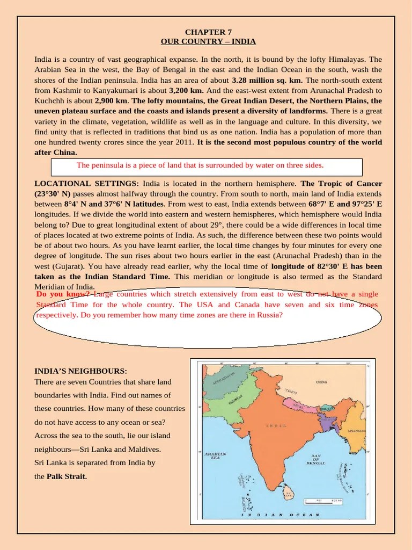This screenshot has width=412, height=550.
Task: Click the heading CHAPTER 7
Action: [x=208, y=32]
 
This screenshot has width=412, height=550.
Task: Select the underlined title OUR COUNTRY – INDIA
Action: [x=208, y=41]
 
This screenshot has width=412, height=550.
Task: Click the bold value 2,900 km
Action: [x=112, y=100]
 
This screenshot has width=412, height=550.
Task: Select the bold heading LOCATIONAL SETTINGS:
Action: [x=87, y=184]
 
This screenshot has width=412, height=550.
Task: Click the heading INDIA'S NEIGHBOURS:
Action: [x=81, y=371]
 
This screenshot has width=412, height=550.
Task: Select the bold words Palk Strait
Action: [x=67, y=476]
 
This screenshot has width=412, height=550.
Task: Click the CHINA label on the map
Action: [x=321, y=382]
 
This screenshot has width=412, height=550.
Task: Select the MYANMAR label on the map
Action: [x=356, y=431]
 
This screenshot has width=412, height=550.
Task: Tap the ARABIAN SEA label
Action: [x=215, y=456]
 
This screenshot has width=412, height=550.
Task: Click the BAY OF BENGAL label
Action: [x=317, y=460]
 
